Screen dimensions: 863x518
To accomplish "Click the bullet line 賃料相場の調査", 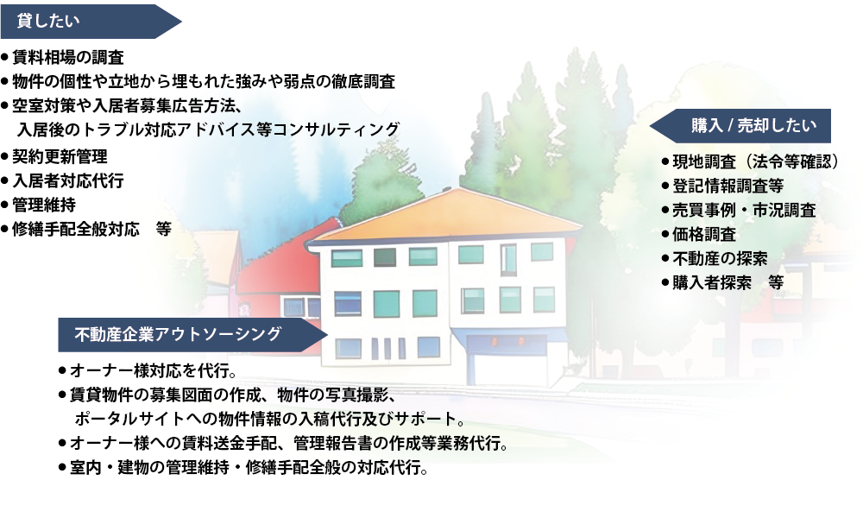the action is coord(62,57).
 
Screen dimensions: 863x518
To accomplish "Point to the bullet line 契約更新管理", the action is coord(54,157).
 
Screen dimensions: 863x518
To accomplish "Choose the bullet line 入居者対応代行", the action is coord(62,181).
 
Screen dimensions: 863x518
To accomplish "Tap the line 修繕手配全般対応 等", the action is coord(86,229).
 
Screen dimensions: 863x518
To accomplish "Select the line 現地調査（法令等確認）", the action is coord(750,161).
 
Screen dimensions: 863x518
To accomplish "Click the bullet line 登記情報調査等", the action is coord(722,186).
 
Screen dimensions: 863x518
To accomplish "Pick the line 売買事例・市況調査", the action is coord(739,211).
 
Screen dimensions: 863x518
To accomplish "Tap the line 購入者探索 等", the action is coord(722,283).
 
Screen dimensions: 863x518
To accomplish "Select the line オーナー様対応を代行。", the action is coord(148,371).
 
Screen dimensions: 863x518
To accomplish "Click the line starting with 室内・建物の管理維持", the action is coord(244,468).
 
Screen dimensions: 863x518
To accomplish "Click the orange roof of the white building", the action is coord(446,216).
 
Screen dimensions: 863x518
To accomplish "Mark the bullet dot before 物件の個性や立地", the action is coord(5,82).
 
